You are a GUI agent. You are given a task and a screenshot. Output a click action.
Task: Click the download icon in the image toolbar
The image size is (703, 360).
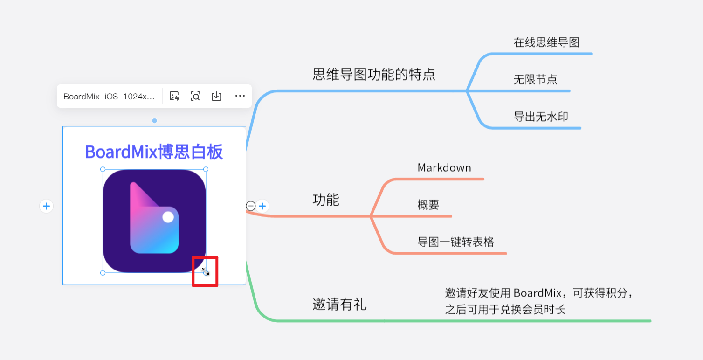[x=216, y=96]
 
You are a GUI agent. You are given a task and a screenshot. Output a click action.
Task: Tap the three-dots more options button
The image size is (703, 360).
[x=240, y=96]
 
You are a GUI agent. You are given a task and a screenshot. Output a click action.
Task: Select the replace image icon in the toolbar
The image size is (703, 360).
[x=174, y=96]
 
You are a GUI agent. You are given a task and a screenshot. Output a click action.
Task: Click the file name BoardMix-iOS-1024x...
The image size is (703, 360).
[x=109, y=97]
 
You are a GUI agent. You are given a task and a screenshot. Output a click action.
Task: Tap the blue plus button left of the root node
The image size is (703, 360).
[x=47, y=206]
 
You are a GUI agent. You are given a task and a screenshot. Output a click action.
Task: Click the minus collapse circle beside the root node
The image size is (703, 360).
[x=250, y=206]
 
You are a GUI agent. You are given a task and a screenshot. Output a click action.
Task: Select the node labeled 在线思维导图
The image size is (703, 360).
[x=546, y=42]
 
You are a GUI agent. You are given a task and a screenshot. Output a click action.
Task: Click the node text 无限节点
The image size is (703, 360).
[x=536, y=79]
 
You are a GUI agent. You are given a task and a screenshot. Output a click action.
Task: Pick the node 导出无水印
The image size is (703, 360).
[x=541, y=117]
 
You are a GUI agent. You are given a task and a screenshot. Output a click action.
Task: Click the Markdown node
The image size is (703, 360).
[x=444, y=167]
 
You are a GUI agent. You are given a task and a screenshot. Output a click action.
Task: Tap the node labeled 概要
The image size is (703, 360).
[x=428, y=205]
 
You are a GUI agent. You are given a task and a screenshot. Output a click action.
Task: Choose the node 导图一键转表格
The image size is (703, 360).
[x=456, y=242]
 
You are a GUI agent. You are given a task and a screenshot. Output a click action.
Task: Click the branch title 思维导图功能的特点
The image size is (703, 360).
[x=374, y=75]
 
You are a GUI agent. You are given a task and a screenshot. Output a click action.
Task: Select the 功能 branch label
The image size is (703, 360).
[x=326, y=200]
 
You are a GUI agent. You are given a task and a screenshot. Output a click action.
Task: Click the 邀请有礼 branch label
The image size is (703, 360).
[x=339, y=304]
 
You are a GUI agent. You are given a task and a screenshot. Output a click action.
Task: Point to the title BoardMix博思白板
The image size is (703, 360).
[x=154, y=152]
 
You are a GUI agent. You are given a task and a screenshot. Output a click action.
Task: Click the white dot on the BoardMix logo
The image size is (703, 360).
[x=168, y=217]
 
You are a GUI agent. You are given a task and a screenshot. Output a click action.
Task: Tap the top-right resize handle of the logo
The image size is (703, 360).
[x=206, y=169]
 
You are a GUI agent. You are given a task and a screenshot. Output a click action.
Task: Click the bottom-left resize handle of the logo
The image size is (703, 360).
[x=103, y=273]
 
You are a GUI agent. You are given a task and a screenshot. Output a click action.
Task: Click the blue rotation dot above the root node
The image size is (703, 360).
[x=154, y=120]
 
